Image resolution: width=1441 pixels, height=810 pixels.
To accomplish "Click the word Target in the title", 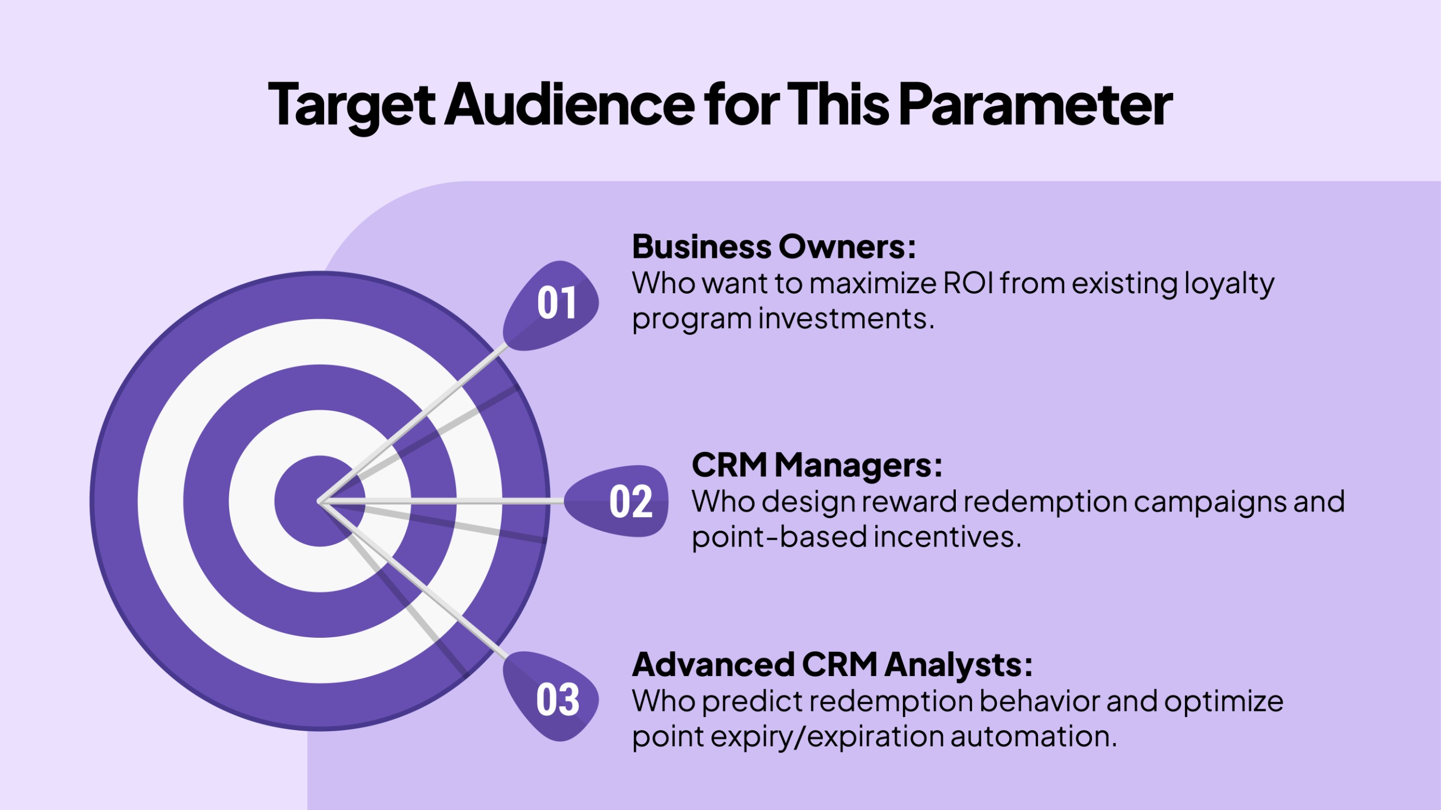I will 351,105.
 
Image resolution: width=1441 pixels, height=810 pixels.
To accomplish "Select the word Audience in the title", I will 570,105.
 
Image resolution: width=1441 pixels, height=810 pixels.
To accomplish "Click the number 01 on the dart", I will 557,304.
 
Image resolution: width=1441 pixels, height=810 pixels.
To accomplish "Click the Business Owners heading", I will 774,247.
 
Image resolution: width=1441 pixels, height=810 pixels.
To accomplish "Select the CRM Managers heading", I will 817,465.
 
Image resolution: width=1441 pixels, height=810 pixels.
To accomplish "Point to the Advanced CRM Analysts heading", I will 833,665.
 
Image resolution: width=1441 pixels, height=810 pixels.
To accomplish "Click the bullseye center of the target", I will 320,501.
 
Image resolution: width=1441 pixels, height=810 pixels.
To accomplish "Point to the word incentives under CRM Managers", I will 947,537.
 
